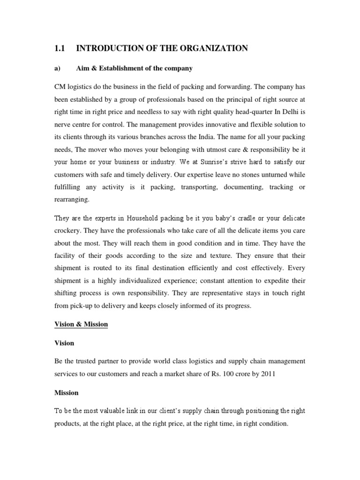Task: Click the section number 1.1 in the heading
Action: point(61,48)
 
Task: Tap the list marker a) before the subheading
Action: point(58,68)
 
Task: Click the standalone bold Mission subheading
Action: point(67,393)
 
